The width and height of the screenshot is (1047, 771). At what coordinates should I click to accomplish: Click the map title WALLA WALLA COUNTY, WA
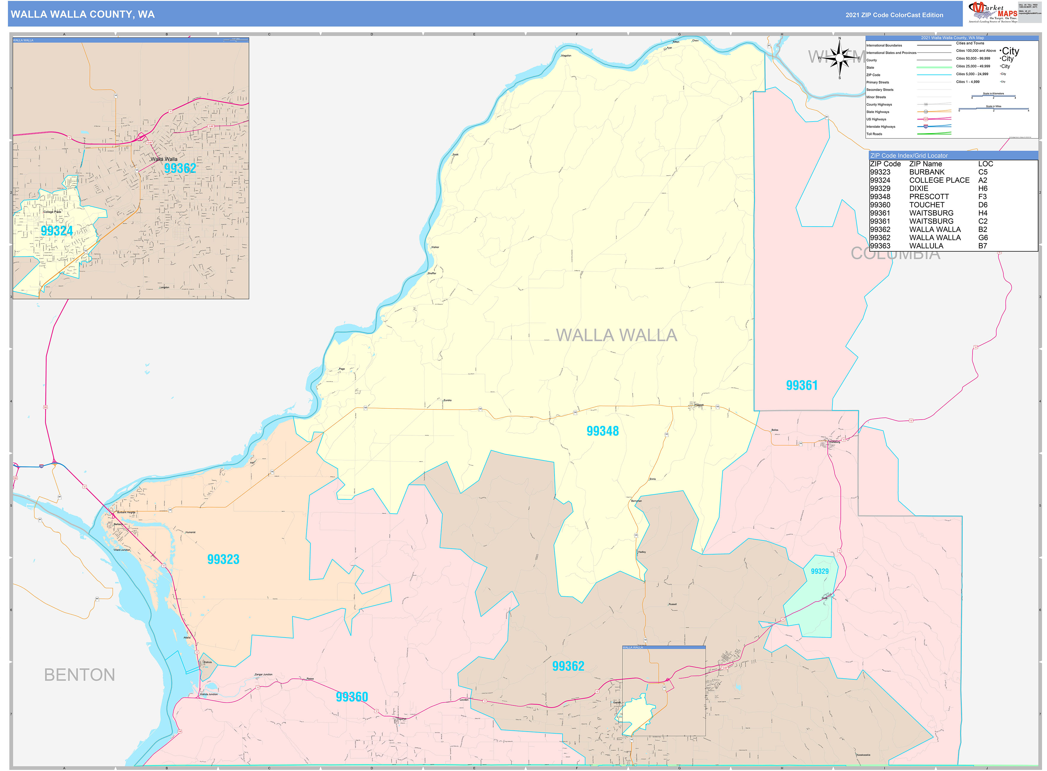click(83, 15)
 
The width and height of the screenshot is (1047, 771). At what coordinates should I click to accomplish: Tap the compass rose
click(840, 58)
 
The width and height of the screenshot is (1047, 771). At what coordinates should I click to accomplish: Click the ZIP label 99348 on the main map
click(603, 431)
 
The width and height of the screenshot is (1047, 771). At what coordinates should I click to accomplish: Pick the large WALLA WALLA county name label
click(617, 335)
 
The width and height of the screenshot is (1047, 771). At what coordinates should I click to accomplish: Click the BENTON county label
click(80, 675)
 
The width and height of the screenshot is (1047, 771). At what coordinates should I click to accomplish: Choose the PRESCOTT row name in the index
click(929, 197)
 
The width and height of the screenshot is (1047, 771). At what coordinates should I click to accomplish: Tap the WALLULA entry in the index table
click(926, 246)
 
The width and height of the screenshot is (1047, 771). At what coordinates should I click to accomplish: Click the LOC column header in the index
click(985, 164)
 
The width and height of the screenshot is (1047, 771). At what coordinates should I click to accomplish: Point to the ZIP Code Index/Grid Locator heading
click(909, 155)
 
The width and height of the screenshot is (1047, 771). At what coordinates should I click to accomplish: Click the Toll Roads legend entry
click(874, 134)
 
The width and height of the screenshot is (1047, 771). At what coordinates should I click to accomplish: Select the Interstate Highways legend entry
click(881, 127)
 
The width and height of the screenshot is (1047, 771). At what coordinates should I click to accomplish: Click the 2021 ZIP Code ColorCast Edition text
click(894, 15)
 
